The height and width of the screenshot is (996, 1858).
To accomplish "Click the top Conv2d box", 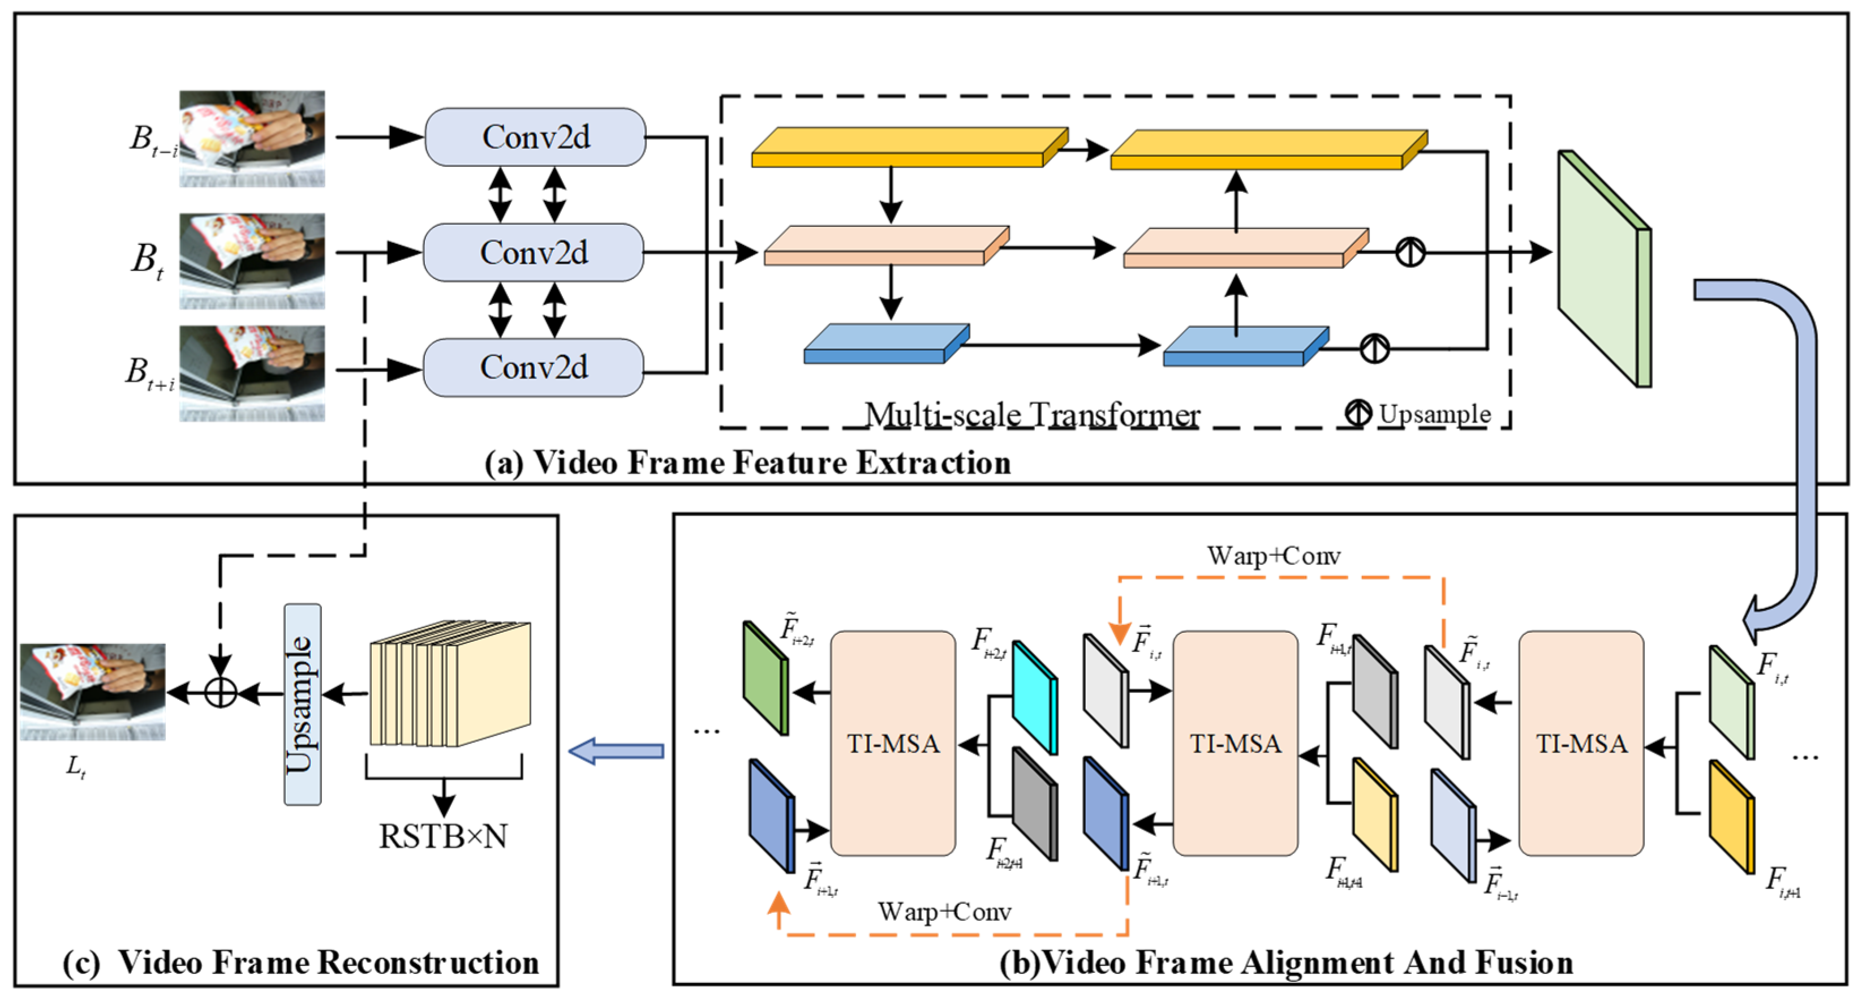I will tap(535, 137).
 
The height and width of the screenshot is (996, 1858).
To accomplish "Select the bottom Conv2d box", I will tap(534, 367).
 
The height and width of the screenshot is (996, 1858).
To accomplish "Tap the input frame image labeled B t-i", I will tap(252, 139).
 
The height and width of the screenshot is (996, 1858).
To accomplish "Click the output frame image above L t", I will tap(92, 691).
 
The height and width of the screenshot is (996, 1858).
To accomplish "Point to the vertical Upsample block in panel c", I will tap(302, 703).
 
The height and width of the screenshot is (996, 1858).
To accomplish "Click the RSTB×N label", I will tap(443, 836).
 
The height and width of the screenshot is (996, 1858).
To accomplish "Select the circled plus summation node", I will tap(221, 693).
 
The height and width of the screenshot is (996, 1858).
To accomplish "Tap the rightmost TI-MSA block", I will tap(1581, 743).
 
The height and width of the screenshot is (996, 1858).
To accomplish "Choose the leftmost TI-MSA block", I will tap(893, 743).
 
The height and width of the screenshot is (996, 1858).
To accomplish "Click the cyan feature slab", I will tap(1035, 697).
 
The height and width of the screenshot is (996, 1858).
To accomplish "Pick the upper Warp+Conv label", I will tap(1273, 556).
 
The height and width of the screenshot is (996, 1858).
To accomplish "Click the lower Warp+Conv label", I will tap(944, 912).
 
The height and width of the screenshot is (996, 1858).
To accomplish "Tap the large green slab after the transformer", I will tap(1604, 269).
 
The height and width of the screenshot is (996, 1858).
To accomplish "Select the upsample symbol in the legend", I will tap(1358, 413).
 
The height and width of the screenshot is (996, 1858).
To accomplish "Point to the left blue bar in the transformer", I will tap(886, 344).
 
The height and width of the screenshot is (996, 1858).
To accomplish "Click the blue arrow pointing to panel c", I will tap(617, 751).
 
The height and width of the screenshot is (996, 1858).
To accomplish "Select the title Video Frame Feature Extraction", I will tap(747, 462).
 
